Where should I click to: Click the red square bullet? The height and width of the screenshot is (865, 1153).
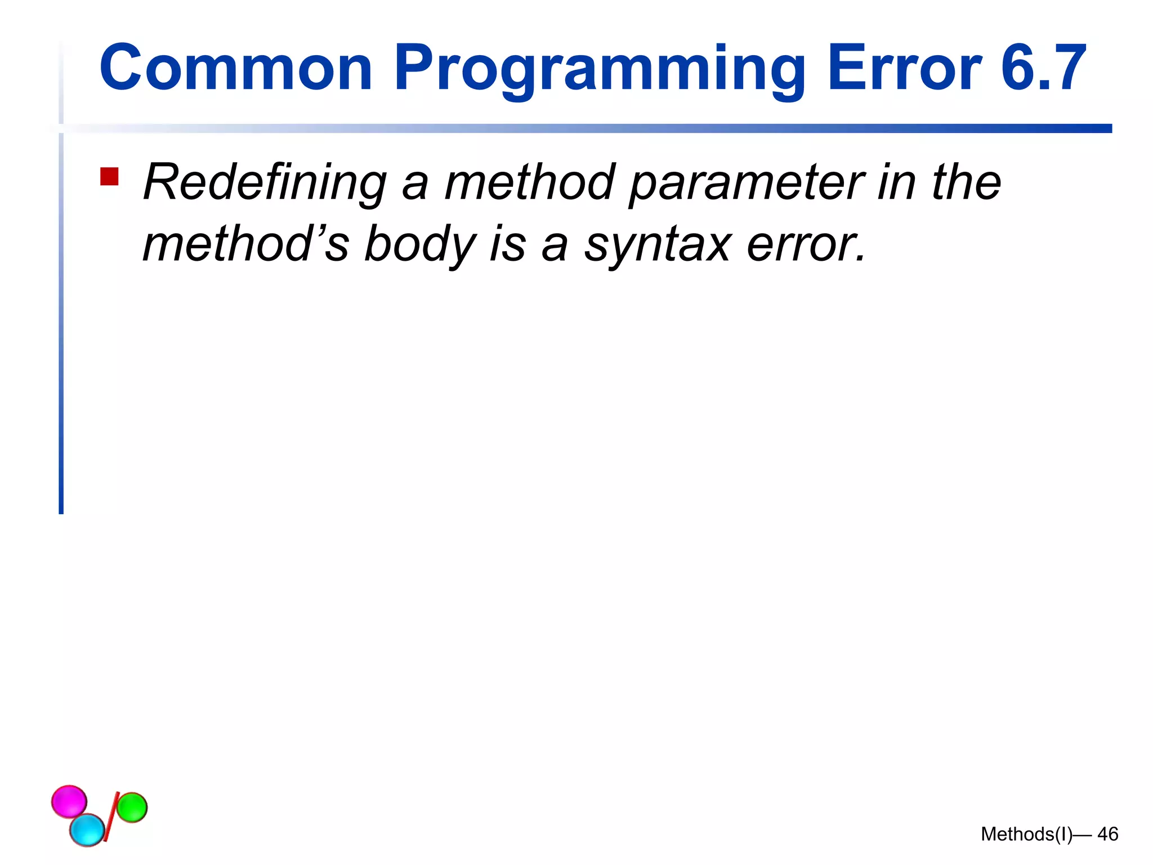[x=109, y=176]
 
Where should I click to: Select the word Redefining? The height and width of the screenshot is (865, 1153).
[x=265, y=183]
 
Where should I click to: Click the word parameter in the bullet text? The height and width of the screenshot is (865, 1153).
[x=747, y=183]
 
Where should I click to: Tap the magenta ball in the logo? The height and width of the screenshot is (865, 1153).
[x=69, y=801]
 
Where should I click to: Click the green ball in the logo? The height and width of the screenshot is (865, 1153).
[x=132, y=807]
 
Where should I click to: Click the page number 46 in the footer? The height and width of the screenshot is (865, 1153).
[x=1107, y=834]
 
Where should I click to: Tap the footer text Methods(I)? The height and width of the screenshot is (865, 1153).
[x=1026, y=834]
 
